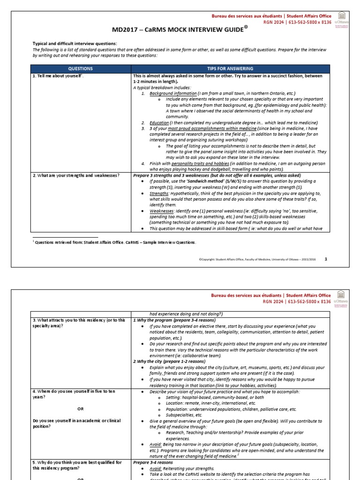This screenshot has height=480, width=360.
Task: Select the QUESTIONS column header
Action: (81, 68)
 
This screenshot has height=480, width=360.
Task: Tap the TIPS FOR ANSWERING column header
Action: (230, 68)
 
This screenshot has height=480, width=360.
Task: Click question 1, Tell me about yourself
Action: (59, 75)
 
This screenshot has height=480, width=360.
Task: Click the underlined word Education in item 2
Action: (159, 122)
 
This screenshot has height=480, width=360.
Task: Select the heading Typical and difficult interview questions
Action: (75, 44)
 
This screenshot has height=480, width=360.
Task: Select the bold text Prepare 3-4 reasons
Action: (154, 462)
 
